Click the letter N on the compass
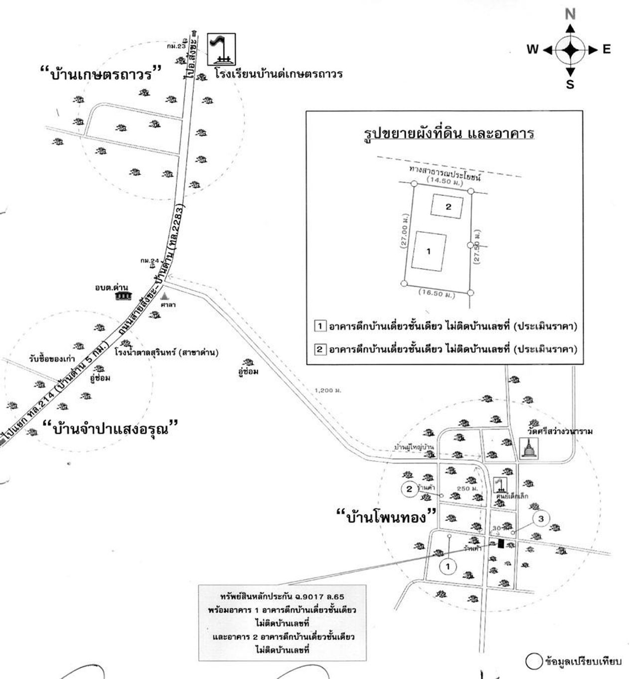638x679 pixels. point(570,14)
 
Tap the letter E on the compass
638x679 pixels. point(606,49)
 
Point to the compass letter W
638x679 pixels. point(532,49)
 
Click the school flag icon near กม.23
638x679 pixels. point(221,49)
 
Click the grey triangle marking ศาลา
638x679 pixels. point(164,296)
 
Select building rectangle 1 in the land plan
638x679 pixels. point(429,251)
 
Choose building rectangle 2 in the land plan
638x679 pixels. point(447,206)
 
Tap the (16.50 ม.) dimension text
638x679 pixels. point(437,294)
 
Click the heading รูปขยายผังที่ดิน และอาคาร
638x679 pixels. point(448,134)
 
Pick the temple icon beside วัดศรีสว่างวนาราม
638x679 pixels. point(527,448)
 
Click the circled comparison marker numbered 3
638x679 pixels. point(541,518)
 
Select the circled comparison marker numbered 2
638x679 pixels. point(409,489)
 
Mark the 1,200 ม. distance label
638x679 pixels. point(328,390)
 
